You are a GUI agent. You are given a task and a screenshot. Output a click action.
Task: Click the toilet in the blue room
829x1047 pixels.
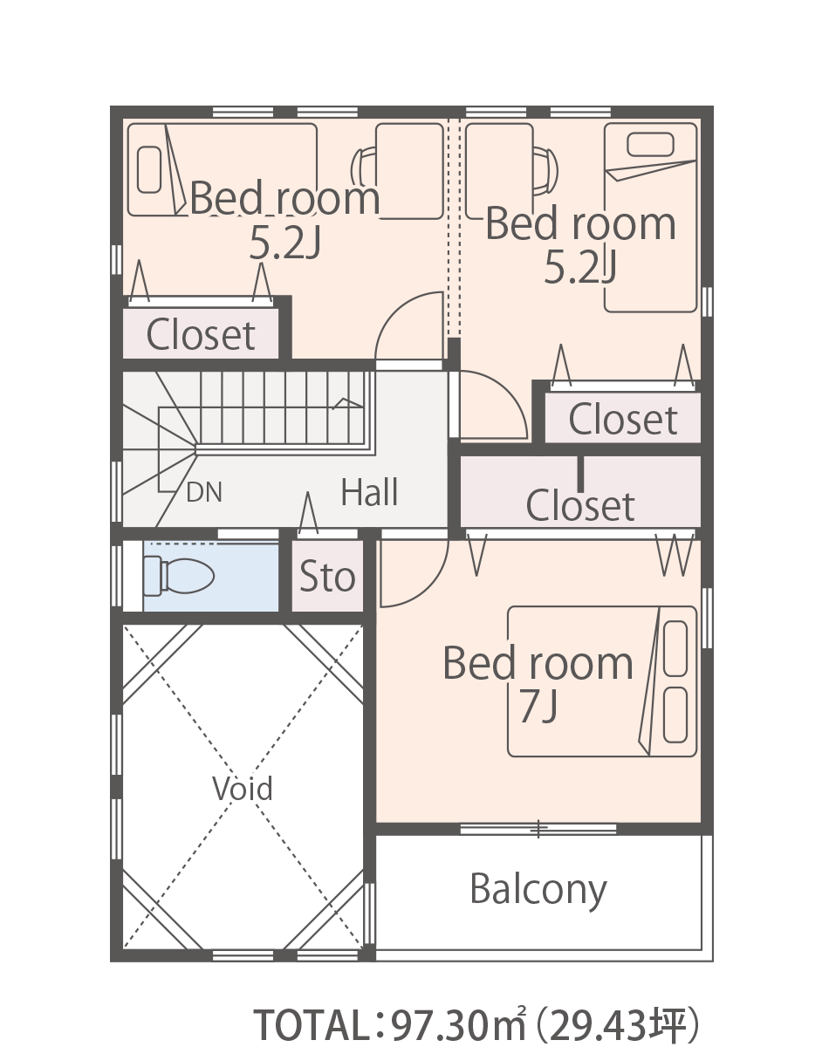point(179,576)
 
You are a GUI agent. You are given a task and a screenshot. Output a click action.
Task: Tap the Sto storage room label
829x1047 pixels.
point(327,576)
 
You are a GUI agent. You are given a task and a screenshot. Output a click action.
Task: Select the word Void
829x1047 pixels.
point(243,788)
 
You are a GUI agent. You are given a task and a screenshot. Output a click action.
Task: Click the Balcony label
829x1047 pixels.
point(538,890)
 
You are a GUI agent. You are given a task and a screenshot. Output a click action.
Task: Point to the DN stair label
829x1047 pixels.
point(204,492)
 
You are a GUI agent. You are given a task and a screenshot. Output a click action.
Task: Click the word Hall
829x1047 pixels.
point(369,492)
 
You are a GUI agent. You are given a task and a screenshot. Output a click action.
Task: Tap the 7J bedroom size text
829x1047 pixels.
point(538,707)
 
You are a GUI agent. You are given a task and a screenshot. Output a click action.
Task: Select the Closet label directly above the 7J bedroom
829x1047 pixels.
point(580,505)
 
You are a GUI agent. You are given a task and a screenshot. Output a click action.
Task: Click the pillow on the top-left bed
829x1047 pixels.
point(149,170)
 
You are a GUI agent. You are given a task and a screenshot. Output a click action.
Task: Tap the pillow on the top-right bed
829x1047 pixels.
point(650,145)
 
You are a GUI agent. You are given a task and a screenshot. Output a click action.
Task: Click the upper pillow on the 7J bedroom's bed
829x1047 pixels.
point(675,648)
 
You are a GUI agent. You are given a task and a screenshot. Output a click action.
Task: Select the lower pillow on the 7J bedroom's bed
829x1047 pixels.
point(675,715)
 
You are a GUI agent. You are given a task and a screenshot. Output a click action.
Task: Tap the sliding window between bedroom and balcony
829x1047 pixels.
point(538,829)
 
